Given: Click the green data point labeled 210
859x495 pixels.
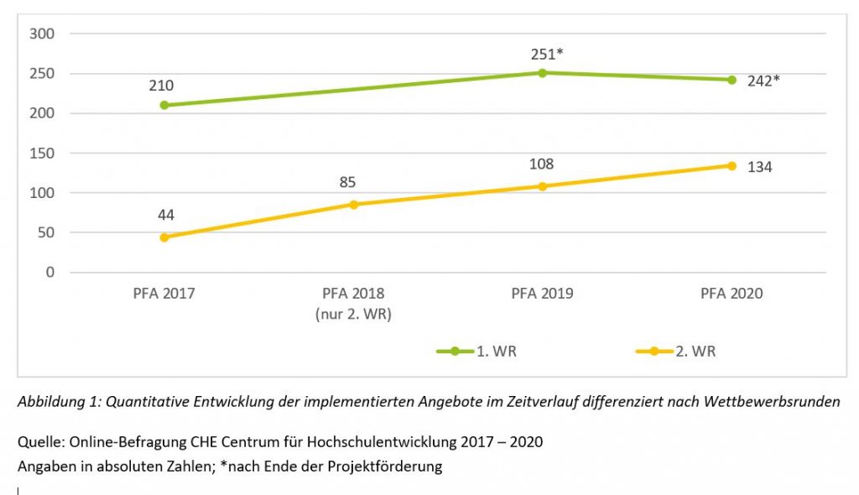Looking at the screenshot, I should point(164,105).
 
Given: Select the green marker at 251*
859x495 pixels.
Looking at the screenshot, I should point(542,73).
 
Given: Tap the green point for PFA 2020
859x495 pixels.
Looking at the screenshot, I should point(731,80).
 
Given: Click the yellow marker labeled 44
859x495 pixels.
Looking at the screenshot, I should point(164,237).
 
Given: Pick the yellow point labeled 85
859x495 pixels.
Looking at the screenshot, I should point(353,205).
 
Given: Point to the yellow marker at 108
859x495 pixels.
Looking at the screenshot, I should point(542,186).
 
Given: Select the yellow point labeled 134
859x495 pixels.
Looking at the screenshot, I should point(731,165).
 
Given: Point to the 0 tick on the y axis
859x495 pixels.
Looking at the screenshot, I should point(49,272).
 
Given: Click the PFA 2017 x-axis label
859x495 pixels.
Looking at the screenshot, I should point(164,294).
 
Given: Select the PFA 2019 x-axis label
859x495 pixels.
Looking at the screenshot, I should point(542,294).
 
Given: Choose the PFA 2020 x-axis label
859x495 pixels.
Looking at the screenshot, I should point(731,294).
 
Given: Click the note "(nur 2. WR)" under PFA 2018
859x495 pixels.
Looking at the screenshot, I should point(353,315).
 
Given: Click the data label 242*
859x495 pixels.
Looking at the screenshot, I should point(764,81).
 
